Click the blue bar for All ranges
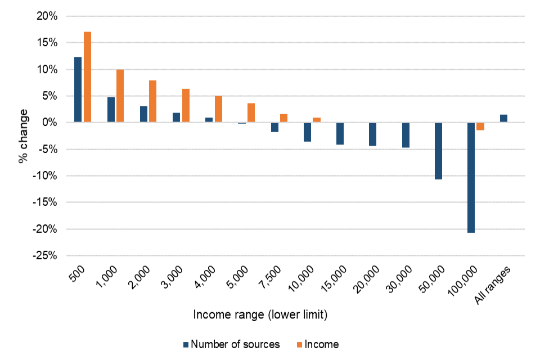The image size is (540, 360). (x=503, y=119)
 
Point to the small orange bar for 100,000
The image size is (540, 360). (x=480, y=127)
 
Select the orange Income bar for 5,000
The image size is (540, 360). (x=251, y=113)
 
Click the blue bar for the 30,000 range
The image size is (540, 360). (x=406, y=135)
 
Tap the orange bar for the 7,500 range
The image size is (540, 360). (x=283, y=118)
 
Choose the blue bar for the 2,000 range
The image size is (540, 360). (x=143, y=114)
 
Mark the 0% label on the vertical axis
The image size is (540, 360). (x=50, y=123)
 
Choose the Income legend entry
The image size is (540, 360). (x=321, y=344)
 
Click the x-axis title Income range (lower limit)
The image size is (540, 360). (x=260, y=316)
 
